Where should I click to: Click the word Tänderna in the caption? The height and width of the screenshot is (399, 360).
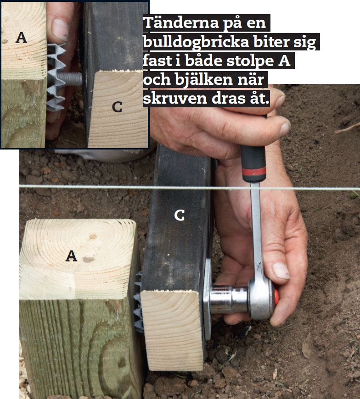(181, 23)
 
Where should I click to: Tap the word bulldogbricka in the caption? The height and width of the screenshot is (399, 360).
(196, 42)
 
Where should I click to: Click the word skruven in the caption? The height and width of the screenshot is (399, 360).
(175, 99)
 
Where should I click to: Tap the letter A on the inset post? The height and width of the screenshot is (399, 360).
(21, 38)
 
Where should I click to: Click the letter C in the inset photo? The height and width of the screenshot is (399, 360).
(117, 107)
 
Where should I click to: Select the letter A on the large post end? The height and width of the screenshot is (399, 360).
(71, 256)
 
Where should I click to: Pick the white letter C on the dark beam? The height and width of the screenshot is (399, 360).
(180, 216)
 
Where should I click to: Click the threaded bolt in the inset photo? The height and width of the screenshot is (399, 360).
(71, 79)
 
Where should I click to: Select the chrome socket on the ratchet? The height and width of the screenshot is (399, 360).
(228, 299)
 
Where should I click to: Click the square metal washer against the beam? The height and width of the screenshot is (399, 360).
(207, 299)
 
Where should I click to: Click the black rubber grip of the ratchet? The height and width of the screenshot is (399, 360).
(253, 160)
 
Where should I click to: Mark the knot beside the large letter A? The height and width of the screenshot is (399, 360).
(89, 260)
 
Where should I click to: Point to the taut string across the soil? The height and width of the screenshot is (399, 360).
(190, 188)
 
